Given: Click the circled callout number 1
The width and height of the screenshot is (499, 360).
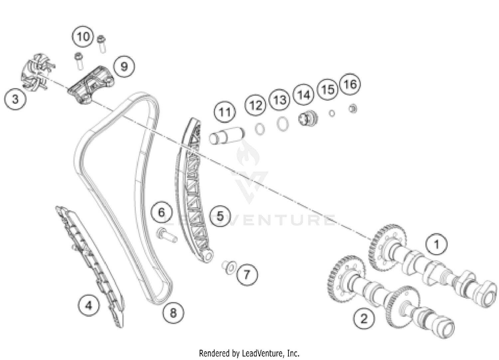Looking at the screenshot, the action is coord(436,244).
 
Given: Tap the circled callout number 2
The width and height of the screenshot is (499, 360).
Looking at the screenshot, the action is coord(364,318).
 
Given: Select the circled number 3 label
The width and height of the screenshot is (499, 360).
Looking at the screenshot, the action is coord(15,99).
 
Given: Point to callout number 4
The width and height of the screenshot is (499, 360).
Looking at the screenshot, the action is coord(89,305).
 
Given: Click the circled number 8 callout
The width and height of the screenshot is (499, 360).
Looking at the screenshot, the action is coord(173,313).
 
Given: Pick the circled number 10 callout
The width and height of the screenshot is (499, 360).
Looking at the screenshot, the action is coord(83,36).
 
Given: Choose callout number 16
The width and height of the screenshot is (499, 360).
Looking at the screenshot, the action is coord(350,84).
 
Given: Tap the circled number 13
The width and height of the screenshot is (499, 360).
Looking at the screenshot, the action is coord(279,99).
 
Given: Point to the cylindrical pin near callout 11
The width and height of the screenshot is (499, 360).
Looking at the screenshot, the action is coord(227,135).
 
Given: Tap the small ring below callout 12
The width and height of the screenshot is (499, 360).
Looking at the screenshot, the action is coord(260,129).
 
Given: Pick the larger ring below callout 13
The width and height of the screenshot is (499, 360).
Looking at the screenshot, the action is coord(283,124).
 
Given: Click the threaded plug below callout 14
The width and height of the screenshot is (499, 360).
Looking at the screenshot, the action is coord(308,118).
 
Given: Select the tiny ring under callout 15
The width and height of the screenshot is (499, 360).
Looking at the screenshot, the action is coord(332,113).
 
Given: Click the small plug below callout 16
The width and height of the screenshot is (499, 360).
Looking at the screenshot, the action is coord(353,109).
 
